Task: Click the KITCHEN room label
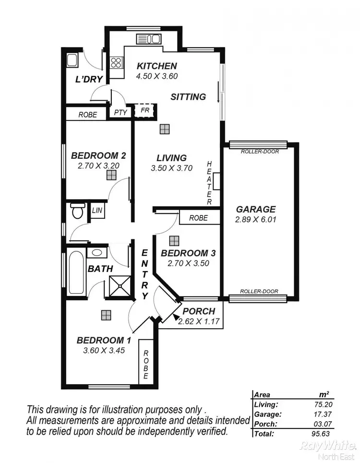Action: point(157,66)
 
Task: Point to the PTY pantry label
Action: point(120,113)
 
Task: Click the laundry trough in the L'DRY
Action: point(73,61)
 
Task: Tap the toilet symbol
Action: point(77,210)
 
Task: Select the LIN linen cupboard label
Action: point(97,211)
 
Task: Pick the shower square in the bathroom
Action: point(118,286)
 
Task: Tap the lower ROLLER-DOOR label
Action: point(258,291)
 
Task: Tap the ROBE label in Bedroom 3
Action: point(198,218)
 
